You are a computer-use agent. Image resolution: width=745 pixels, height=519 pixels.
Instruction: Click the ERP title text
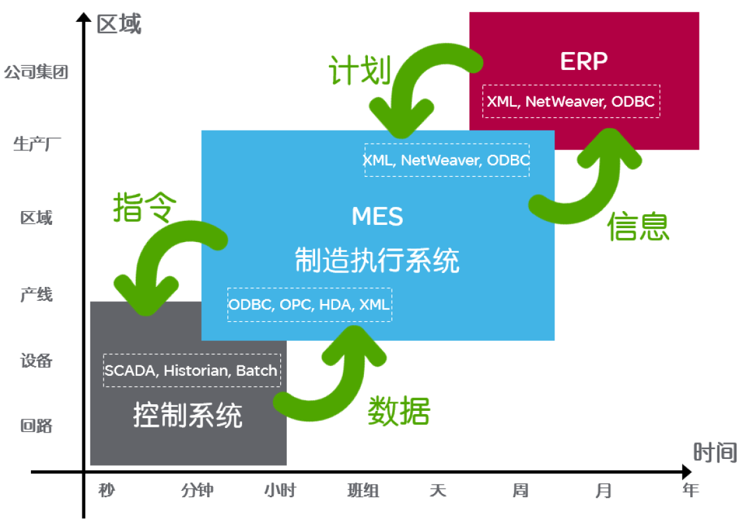click(x=583, y=61)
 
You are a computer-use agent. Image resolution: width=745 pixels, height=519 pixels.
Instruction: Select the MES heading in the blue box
click(x=377, y=217)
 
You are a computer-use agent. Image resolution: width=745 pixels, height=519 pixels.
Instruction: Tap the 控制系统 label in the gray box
click(x=188, y=415)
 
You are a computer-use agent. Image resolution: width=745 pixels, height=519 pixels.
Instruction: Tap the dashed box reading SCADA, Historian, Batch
click(x=192, y=370)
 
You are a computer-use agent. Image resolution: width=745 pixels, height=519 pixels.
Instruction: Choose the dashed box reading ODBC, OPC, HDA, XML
click(x=310, y=305)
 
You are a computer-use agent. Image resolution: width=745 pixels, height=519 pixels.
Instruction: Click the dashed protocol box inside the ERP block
click(x=571, y=102)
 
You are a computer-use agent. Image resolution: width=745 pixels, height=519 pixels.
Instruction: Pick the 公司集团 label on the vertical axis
click(x=36, y=73)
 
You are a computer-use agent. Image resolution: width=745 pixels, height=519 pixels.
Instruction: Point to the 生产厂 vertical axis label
click(x=36, y=144)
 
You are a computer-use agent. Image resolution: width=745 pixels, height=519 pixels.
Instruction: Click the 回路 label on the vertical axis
click(x=36, y=425)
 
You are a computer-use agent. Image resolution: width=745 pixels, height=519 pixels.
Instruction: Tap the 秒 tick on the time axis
click(x=106, y=490)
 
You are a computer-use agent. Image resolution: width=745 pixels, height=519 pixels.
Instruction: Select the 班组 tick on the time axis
click(x=363, y=490)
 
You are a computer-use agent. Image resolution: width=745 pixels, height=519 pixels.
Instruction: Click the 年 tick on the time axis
click(x=690, y=490)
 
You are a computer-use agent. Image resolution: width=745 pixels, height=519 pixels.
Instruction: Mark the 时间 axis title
click(x=715, y=452)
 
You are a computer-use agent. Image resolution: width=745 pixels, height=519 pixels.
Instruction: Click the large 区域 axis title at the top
click(x=119, y=24)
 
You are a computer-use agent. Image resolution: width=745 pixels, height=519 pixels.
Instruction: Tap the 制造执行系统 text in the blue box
click(x=377, y=260)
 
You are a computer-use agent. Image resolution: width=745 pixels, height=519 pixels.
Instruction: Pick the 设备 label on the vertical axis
click(x=36, y=361)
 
